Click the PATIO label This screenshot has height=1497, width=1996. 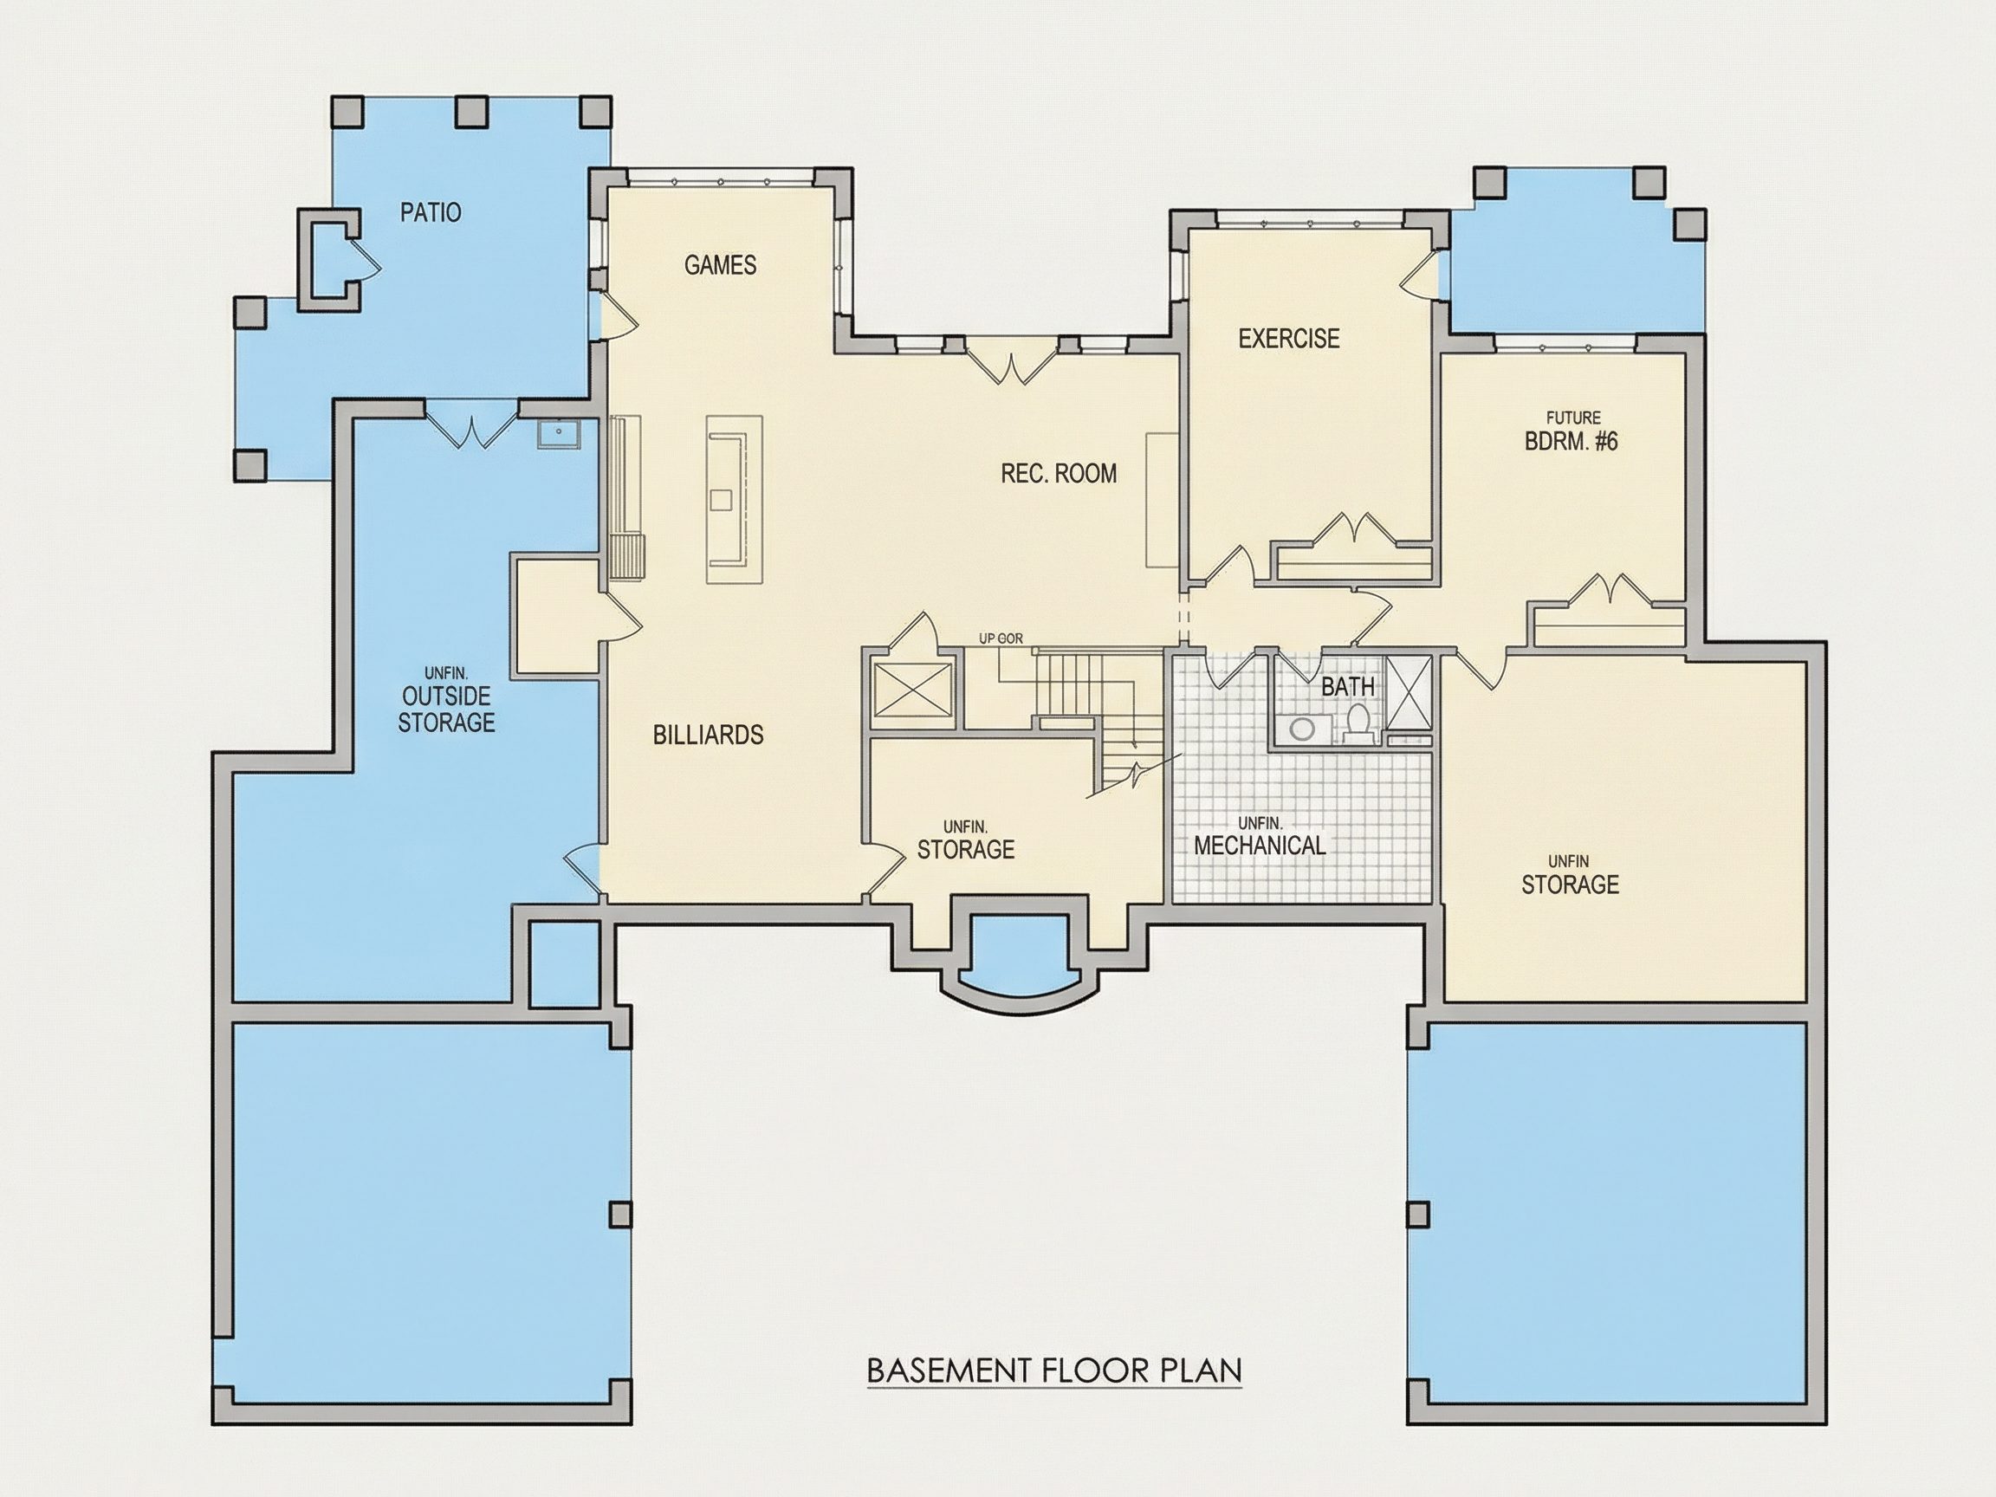click(431, 213)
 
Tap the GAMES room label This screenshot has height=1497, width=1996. click(720, 265)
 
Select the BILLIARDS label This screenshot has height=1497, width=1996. click(709, 736)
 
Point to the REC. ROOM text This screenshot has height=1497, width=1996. click(1059, 474)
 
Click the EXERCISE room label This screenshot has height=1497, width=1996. click(1288, 339)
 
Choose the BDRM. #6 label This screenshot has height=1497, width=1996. click(1571, 441)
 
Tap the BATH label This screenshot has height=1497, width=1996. click(1348, 687)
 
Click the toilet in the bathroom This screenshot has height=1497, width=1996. click(1358, 724)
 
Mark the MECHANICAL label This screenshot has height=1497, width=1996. click(1260, 846)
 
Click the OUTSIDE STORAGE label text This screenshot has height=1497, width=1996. click(447, 710)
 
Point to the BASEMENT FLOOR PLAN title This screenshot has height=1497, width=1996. click(1054, 1371)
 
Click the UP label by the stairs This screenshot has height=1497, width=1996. click(988, 638)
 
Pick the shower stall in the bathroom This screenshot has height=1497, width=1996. click(1408, 693)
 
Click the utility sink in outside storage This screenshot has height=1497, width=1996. click(560, 434)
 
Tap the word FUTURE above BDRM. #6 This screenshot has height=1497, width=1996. click(1574, 418)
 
